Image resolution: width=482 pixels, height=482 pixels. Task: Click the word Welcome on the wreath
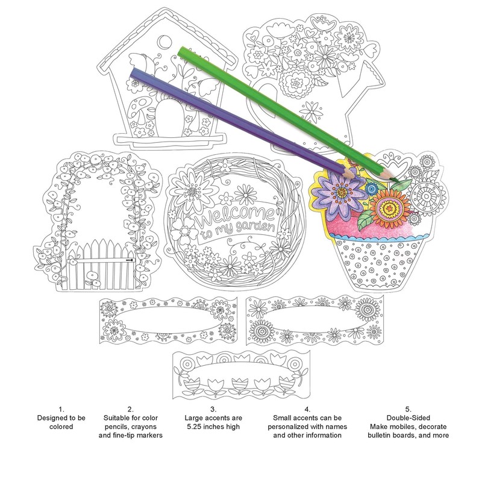(234, 216)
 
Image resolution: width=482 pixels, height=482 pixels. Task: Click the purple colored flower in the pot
(339, 193)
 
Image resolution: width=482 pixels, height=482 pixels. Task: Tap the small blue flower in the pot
(372, 189)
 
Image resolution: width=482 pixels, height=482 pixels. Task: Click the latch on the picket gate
(130, 260)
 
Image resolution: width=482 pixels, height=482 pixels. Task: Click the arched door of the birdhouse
(168, 117)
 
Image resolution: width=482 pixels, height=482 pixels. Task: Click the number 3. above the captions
(213, 409)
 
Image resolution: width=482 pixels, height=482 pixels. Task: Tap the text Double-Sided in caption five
(408, 418)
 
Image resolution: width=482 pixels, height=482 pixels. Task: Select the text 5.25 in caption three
(195, 427)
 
